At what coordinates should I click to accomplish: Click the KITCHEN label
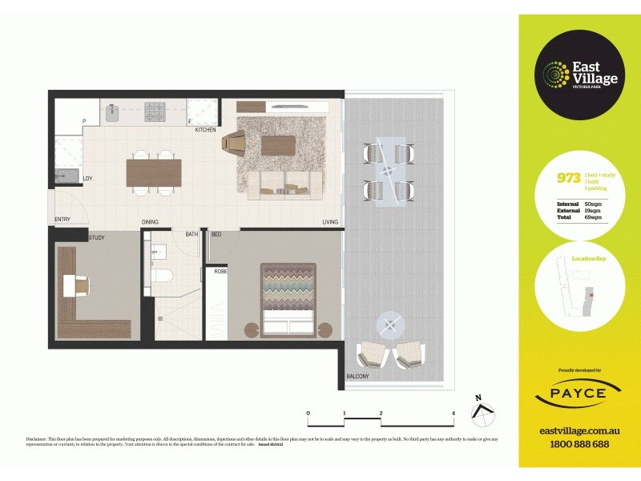tap(205, 129)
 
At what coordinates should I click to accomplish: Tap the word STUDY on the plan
tap(96, 237)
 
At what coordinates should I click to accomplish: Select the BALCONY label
tap(357, 377)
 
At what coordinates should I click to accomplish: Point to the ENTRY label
tap(62, 219)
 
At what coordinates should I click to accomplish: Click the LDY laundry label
tap(87, 179)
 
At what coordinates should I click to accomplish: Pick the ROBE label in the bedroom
tap(220, 272)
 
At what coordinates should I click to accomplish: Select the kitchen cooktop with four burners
tap(155, 111)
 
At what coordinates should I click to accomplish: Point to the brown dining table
tap(153, 172)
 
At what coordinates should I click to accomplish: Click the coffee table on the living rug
tap(278, 145)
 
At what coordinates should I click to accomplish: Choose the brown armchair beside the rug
tap(233, 142)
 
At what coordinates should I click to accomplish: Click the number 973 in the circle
tap(568, 179)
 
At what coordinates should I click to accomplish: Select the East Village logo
tap(578, 76)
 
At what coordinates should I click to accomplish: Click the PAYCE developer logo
tap(578, 393)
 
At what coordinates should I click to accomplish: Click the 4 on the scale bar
tap(454, 414)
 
